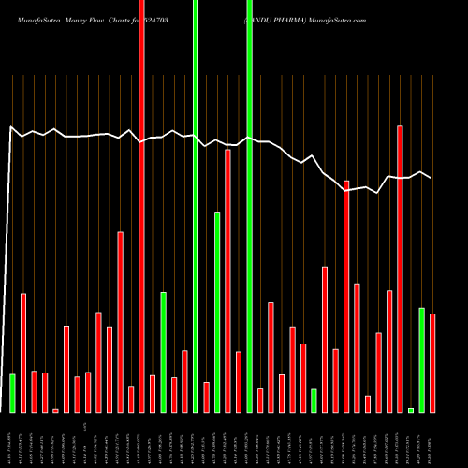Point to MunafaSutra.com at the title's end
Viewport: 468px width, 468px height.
tap(344, 20)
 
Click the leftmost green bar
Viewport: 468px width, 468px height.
tap(12, 393)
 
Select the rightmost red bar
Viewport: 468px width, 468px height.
tap(432, 363)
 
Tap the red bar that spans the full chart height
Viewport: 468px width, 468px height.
tap(141, 206)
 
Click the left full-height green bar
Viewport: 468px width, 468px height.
tap(196, 206)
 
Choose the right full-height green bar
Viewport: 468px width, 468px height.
tap(249, 206)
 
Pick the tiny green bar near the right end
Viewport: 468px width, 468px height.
tap(411, 410)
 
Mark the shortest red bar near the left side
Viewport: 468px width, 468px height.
tap(55, 410)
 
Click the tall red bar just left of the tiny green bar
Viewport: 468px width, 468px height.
tap(401, 269)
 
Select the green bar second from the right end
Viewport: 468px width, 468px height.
tap(421, 360)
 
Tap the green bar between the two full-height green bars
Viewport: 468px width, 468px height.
tap(217, 313)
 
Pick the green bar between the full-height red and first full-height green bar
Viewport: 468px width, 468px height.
tap(163, 352)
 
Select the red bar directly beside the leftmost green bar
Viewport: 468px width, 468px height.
tap(23, 353)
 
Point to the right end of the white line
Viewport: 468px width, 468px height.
tap(431, 178)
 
